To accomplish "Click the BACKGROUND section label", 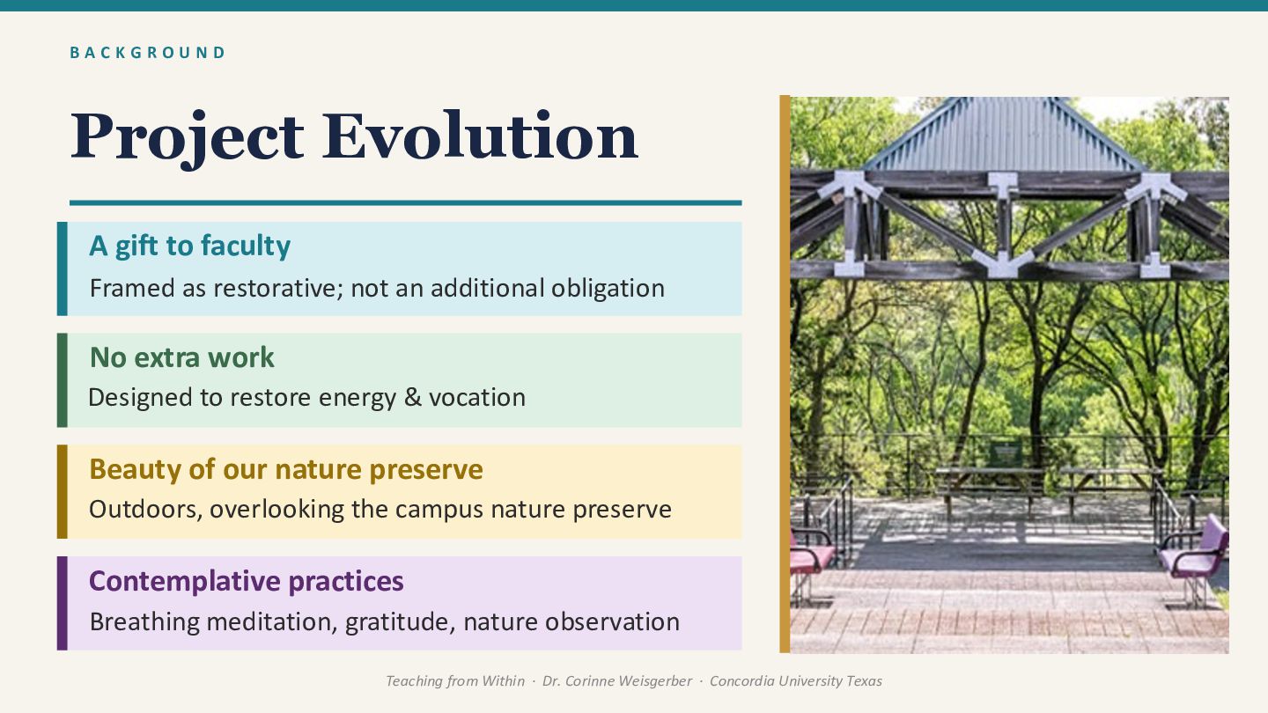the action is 147,53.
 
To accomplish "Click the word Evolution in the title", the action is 480,136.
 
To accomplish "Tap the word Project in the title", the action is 187,139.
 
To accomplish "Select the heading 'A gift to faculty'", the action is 189,246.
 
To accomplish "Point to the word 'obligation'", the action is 608,289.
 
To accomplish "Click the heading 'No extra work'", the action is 181,357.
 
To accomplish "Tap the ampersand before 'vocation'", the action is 413,397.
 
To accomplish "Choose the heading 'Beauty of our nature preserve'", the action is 286,470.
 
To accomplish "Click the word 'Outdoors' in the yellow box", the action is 145,510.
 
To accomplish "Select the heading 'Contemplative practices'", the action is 247,581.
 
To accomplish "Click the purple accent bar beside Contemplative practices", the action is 63,603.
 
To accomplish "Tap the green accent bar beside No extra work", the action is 63,380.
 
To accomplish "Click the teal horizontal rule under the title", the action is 405,202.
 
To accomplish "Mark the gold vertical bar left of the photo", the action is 785,374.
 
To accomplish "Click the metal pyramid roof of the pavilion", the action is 1002,136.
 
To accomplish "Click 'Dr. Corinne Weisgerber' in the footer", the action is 617,680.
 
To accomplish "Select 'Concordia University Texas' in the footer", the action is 796,680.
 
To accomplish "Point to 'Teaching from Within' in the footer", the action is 455,680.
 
